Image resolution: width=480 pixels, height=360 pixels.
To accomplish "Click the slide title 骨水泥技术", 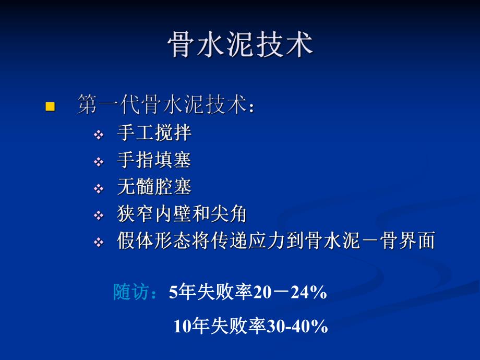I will pyautogui.click(x=240, y=45).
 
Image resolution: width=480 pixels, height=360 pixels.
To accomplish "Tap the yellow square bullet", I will pyautogui.click(x=50, y=106).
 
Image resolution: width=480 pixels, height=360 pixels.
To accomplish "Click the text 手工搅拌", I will pyautogui.click(x=154, y=133).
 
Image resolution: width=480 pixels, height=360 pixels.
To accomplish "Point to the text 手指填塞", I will pyautogui.click(x=154, y=160).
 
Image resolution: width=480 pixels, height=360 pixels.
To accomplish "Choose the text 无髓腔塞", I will pyautogui.click(x=154, y=187).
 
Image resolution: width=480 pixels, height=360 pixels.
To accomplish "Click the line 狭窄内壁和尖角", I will pyautogui.click(x=182, y=214).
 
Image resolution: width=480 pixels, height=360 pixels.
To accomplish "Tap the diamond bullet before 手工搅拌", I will pyautogui.click(x=99, y=135).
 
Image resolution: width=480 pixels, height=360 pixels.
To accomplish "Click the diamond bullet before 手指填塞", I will pyautogui.click(x=99, y=162).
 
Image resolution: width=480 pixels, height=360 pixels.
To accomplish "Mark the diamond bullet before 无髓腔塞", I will pyautogui.click(x=99, y=189).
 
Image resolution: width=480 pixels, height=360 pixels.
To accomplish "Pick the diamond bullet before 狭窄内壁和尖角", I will pyautogui.click(x=99, y=216).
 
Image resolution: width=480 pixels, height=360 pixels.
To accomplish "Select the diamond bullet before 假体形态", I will pyautogui.click(x=99, y=243).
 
